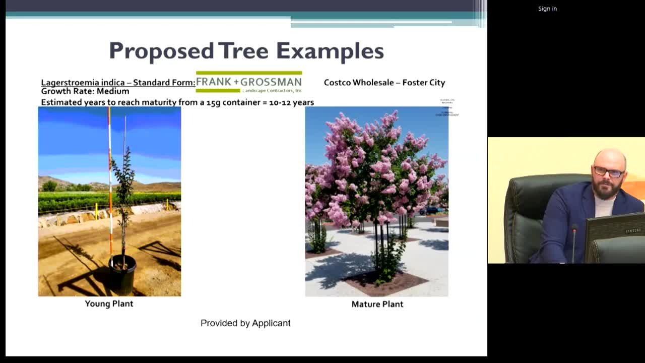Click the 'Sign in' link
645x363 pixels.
coord(547,9)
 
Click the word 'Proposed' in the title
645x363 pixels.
coord(161,51)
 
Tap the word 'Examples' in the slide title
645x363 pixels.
coord(330,51)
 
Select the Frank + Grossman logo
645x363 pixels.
coord(248,82)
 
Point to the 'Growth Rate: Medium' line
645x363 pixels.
coord(85,91)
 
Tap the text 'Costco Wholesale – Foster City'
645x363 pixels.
coord(384,83)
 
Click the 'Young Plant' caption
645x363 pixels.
coord(109,304)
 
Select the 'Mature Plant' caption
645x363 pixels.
coord(377,304)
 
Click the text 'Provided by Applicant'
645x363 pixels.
coord(245,323)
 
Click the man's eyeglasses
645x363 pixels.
coord(609,172)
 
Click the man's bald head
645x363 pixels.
coord(610,157)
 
